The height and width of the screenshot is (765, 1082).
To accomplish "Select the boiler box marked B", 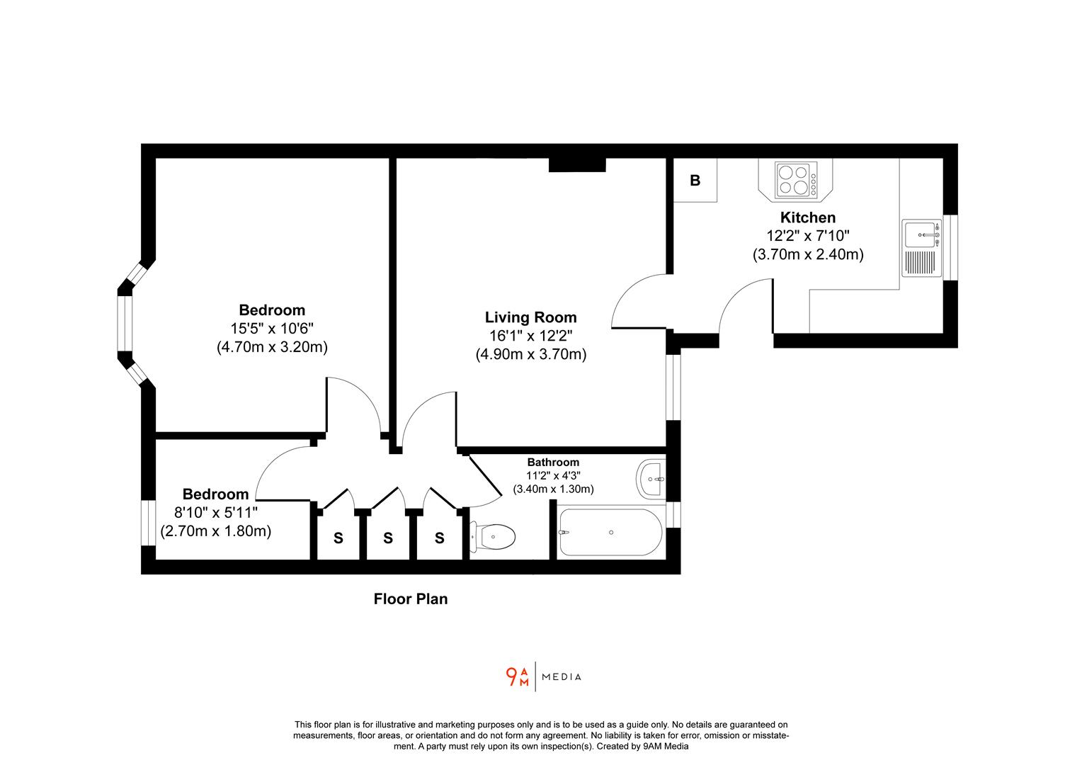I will tap(695, 180).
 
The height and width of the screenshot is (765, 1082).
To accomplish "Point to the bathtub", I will tap(610, 532).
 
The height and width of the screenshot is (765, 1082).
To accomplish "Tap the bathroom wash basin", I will tap(651, 479).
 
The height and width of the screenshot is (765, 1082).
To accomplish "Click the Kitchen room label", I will tap(807, 217).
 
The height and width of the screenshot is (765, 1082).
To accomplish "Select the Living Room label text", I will tap(530, 317).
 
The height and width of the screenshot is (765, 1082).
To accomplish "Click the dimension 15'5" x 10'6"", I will tap(272, 329).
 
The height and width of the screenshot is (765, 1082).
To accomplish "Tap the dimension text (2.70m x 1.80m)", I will tap(216, 531).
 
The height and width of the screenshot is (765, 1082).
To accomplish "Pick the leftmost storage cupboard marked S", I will tap(338, 538).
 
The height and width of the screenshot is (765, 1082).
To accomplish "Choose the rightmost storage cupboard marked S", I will tap(439, 538).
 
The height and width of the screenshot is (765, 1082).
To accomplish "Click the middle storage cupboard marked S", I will tap(388, 538).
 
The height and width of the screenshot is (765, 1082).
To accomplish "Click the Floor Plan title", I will tap(411, 599).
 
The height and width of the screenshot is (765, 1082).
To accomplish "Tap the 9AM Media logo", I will tap(543, 677).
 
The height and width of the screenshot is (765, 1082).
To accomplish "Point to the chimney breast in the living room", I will tap(577, 164).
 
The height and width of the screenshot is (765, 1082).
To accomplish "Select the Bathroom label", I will tap(552, 463).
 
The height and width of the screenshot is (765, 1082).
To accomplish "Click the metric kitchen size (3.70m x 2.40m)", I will tap(807, 254).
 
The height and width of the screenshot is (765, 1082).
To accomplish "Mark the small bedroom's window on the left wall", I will tap(148, 523).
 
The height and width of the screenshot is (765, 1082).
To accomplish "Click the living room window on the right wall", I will tap(673, 387).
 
